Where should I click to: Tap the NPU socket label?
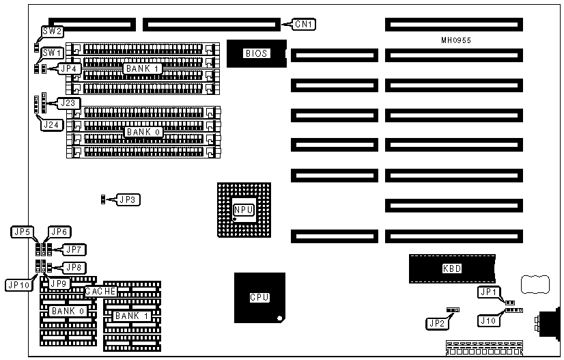(x=242, y=210)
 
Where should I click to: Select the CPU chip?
(x=259, y=298)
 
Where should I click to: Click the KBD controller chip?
(x=452, y=268)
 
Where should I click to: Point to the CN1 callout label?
(x=304, y=25)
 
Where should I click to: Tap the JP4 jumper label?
(x=70, y=68)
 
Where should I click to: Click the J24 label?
(x=52, y=124)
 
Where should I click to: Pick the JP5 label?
(x=22, y=232)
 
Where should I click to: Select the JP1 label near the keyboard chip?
(x=488, y=292)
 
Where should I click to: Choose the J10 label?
(x=488, y=320)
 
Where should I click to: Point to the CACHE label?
(x=101, y=292)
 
